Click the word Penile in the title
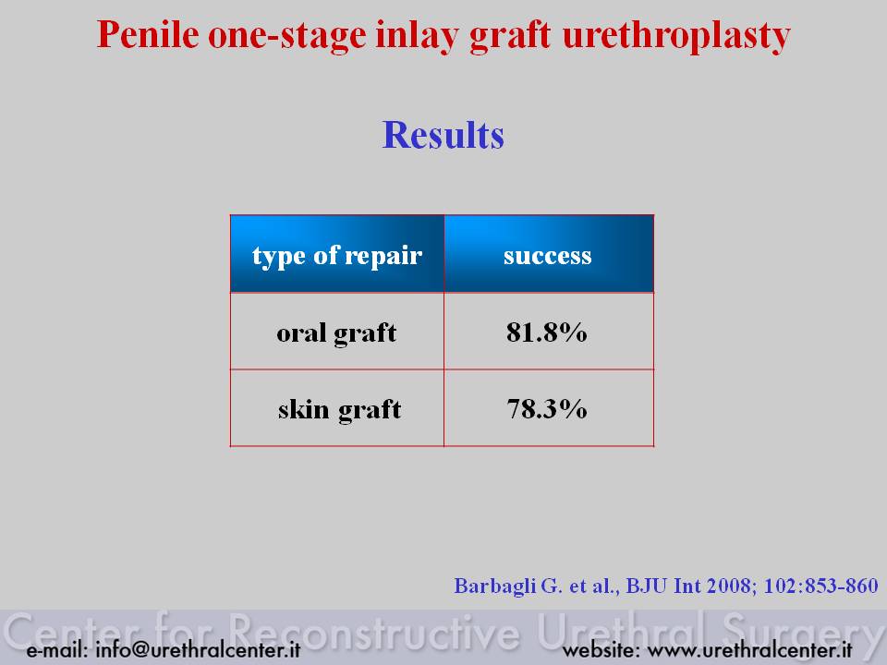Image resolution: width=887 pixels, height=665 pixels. click(148, 34)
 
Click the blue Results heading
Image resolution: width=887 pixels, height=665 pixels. click(443, 135)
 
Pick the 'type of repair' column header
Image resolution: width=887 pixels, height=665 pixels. click(337, 256)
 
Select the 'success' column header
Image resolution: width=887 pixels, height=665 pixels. click(548, 256)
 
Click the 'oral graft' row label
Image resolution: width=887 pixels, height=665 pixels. click(336, 333)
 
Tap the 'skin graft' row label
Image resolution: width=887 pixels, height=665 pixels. click(339, 409)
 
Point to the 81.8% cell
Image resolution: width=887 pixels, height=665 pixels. click(546, 332)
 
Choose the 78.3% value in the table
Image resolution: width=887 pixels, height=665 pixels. click(546, 409)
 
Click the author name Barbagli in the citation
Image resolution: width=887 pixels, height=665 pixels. click(495, 586)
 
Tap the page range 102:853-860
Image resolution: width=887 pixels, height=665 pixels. click(820, 586)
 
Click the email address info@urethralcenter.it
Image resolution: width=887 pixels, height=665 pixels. click(198, 649)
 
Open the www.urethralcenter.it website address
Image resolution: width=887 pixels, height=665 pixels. click(750, 649)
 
